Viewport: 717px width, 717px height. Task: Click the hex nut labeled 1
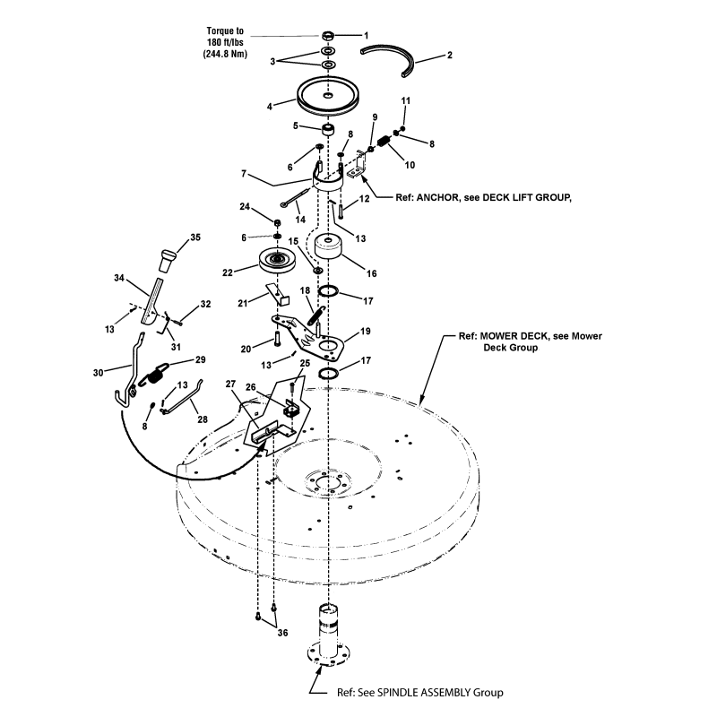coord(329,36)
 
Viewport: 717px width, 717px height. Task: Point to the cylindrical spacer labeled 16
coord(329,248)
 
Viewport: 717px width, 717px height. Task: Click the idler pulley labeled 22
coord(277,262)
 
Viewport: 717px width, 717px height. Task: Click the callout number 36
coord(282,634)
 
